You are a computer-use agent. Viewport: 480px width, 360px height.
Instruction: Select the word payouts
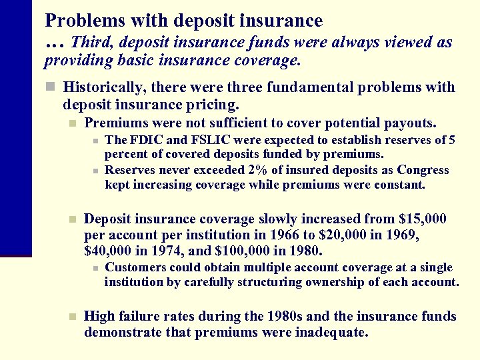tap(410, 123)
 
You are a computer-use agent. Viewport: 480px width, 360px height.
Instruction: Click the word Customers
tap(136, 267)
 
